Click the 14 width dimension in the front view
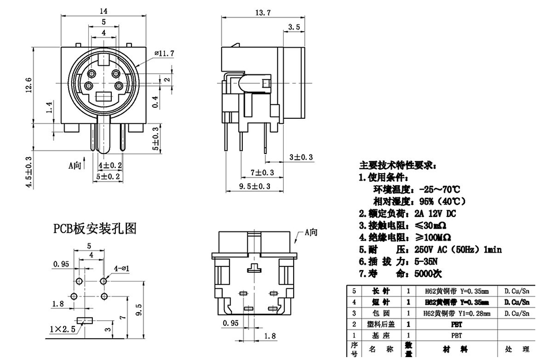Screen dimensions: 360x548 103,10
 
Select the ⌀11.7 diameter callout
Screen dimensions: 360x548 164,54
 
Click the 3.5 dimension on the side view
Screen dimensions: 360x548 294,27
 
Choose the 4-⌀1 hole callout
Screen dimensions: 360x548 122,268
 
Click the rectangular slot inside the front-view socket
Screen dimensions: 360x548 104,96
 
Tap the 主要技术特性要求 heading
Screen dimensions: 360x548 398,166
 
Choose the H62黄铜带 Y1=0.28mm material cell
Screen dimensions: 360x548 456,313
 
